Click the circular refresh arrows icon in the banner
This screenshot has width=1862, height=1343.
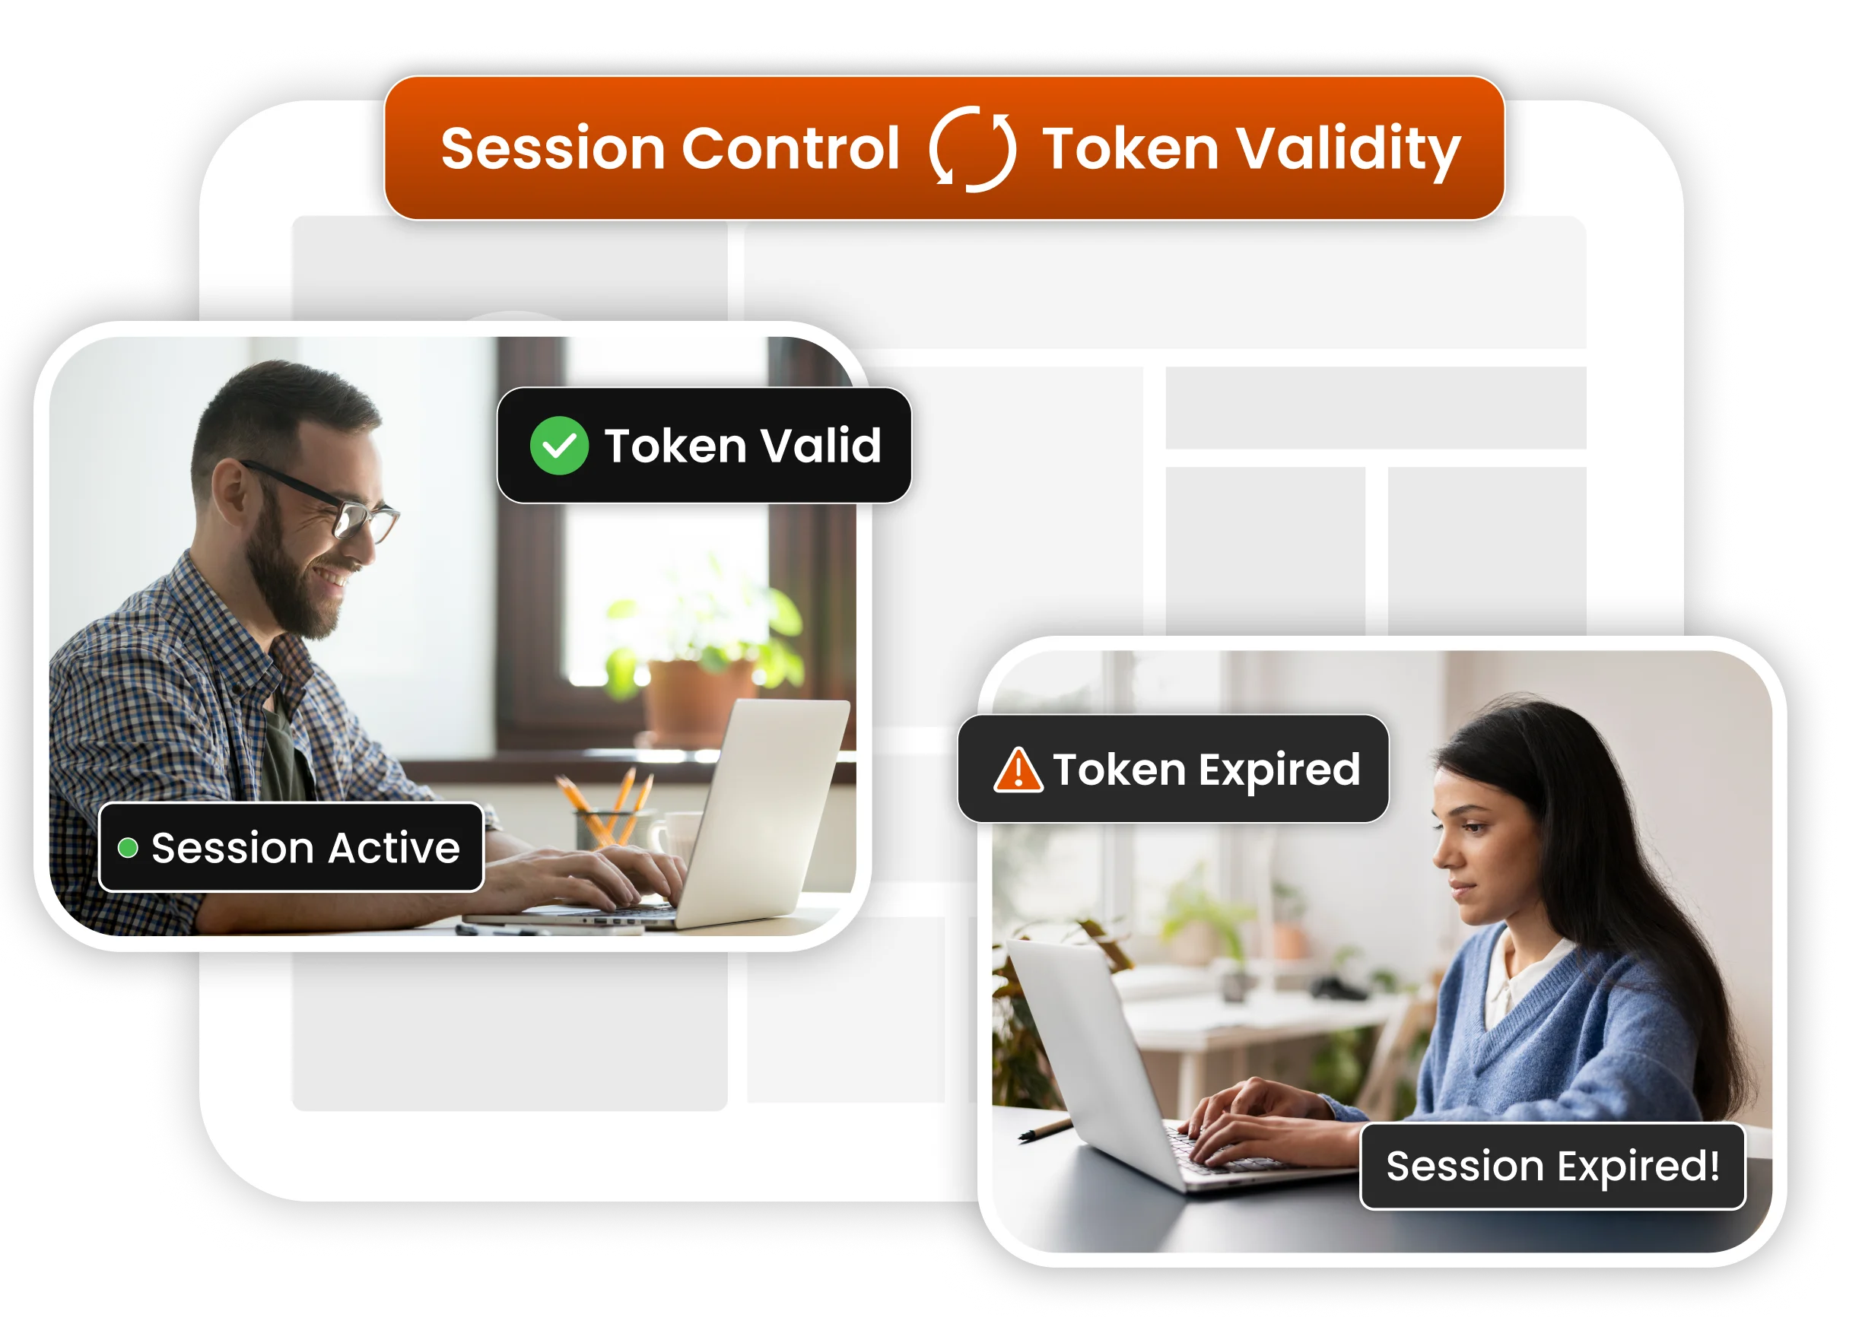[972, 148]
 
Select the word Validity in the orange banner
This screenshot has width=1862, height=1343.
[1348, 151]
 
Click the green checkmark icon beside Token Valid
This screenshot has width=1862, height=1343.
[559, 446]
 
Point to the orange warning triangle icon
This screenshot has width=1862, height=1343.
[1017, 770]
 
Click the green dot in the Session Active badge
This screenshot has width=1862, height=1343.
[128, 847]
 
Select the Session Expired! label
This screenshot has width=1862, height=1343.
[1552, 1166]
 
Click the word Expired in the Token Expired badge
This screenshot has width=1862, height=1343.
[1279, 769]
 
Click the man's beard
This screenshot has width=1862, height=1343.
[288, 583]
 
